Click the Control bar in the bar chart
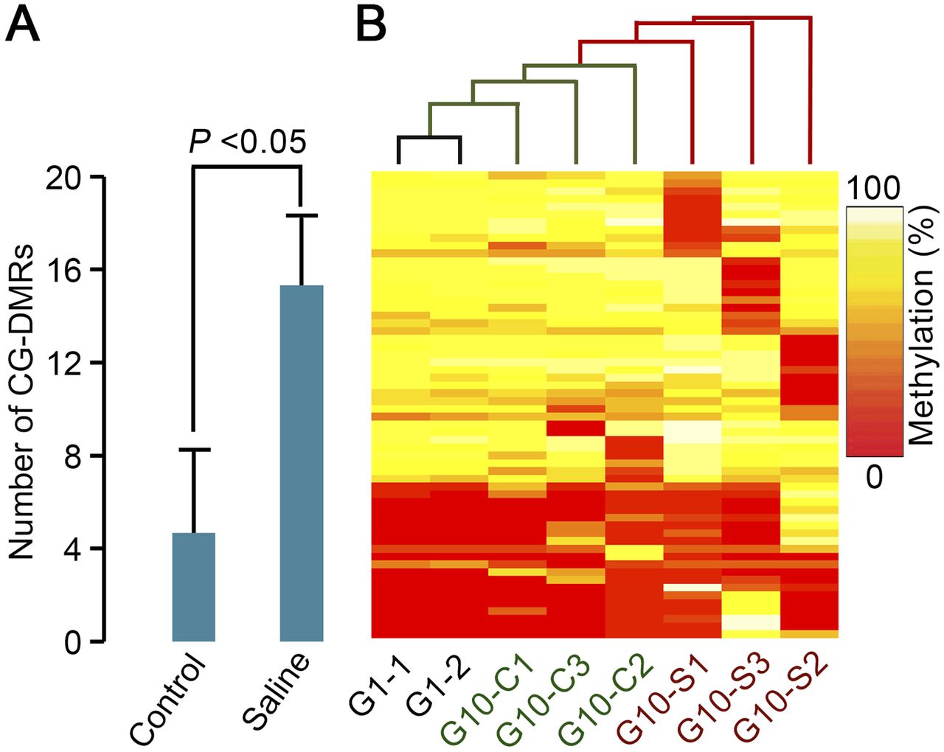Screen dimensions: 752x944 (x=193, y=586)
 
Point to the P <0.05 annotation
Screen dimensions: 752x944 (x=247, y=142)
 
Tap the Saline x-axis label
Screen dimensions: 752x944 (x=279, y=689)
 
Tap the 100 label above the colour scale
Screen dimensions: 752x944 (x=873, y=189)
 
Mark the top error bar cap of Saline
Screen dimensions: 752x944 (x=301, y=215)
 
